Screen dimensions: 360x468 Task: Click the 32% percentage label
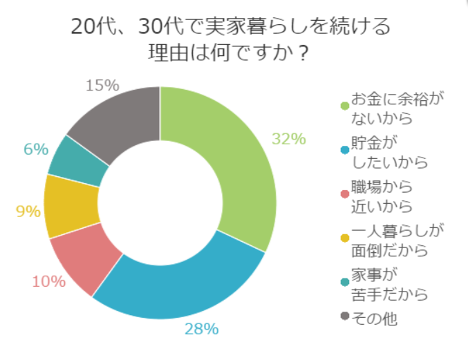288,139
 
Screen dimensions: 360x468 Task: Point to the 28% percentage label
201,329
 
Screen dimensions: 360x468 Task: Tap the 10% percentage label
48,281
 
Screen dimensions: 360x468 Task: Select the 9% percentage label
28,211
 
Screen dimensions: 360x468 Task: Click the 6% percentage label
35,149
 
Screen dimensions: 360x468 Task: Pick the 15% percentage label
103,86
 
